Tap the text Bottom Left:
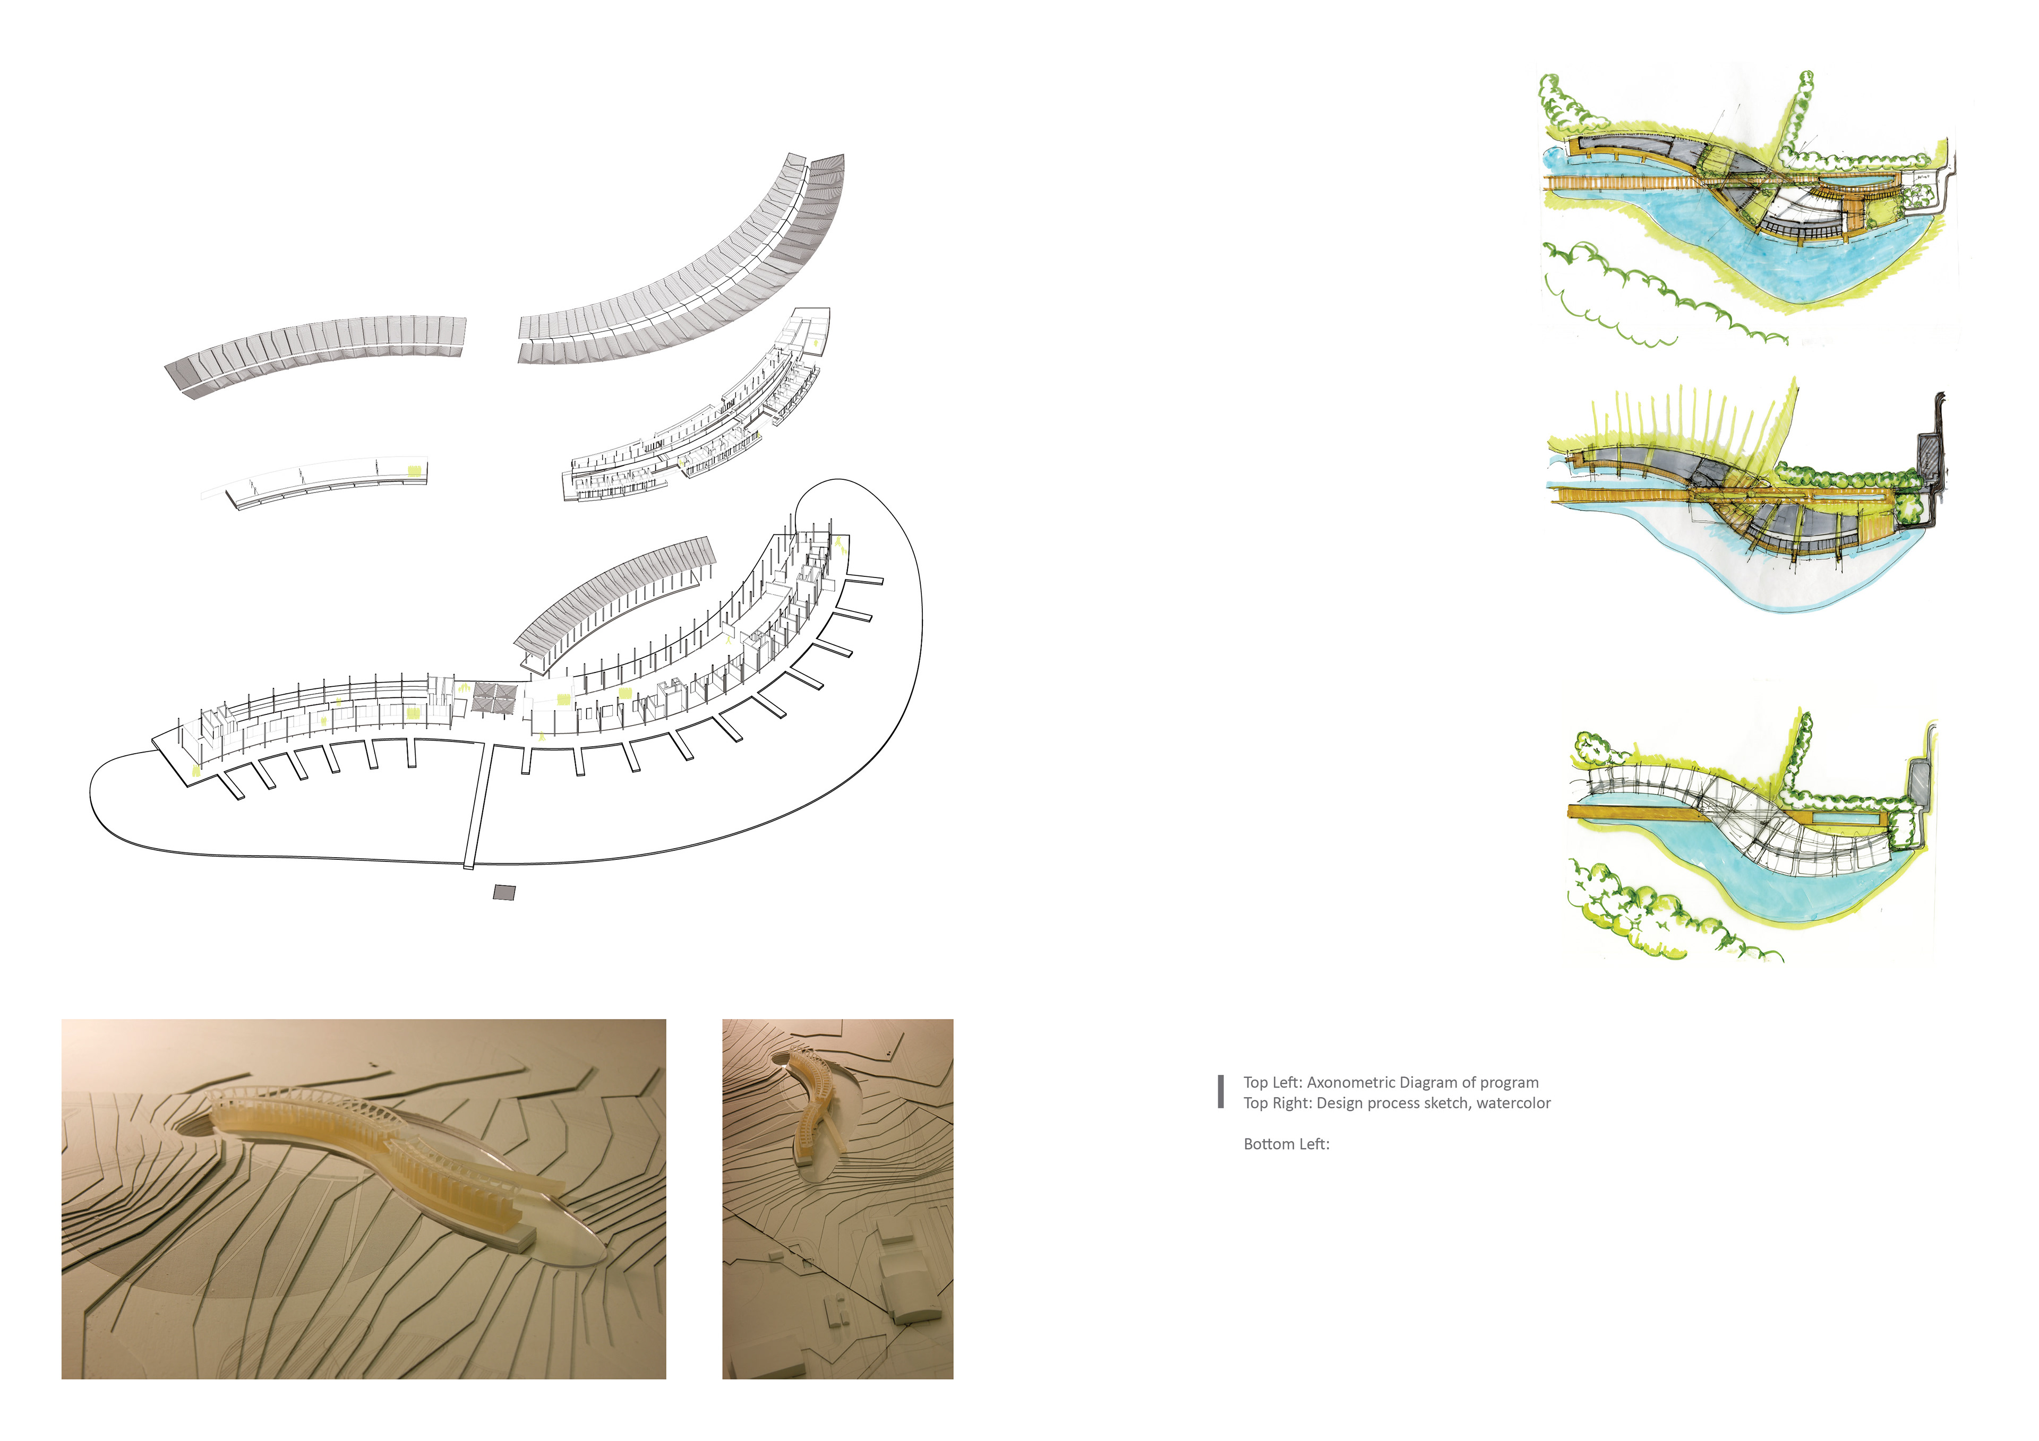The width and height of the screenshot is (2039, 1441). [x=1286, y=1144]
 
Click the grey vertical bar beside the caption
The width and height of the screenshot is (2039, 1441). [x=1221, y=1092]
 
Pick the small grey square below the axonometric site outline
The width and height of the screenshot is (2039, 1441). [x=503, y=892]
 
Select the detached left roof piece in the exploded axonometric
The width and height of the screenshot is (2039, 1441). [x=315, y=351]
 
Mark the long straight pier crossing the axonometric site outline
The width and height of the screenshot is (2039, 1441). [x=477, y=804]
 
